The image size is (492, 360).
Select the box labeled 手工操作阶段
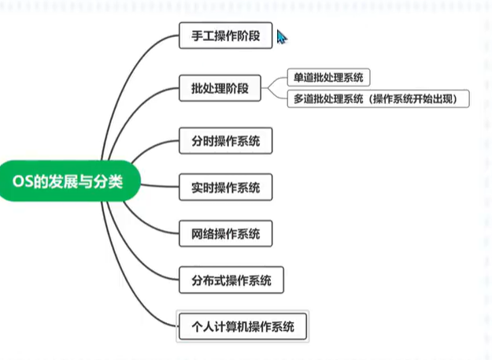225,36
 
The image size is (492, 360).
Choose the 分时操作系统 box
225,143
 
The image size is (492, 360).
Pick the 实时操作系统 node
225,188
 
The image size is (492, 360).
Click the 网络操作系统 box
225,234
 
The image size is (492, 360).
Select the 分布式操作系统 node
231,280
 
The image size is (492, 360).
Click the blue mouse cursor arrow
282,38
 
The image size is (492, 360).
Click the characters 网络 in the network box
201,234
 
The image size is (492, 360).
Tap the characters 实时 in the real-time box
201,188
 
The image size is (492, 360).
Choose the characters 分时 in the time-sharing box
201,143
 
